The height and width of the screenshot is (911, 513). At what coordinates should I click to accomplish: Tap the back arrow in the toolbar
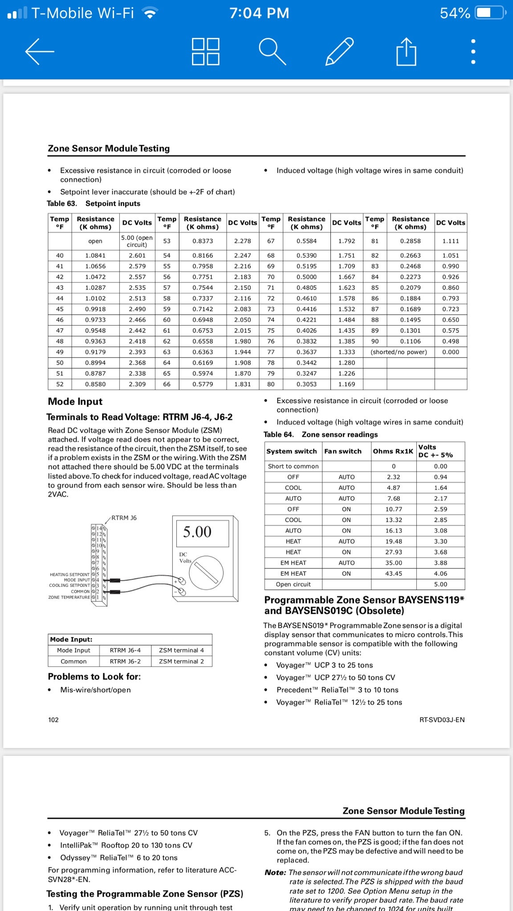tap(40, 52)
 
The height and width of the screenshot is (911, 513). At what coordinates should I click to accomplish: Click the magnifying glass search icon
tap(272, 52)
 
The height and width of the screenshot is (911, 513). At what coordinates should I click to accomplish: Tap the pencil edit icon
tap(339, 52)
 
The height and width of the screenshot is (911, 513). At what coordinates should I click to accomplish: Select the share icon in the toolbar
tap(406, 52)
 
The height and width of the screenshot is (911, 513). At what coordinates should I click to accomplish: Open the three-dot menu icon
tap(473, 52)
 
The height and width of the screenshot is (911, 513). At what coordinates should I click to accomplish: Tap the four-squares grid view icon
tap(205, 52)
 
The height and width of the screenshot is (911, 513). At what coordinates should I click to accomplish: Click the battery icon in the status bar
tap(490, 13)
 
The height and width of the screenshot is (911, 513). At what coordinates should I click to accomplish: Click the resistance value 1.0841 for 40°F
tap(95, 256)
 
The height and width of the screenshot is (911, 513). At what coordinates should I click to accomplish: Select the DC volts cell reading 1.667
tap(346, 277)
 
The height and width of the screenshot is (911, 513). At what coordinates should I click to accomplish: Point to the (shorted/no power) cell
tap(399, 352)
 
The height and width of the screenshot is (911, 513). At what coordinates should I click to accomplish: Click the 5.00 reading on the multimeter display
tap(197, 532)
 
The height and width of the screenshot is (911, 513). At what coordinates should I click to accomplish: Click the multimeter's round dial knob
tap(206, 572)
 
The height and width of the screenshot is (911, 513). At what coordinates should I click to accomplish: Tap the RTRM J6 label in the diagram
tap(124, 518)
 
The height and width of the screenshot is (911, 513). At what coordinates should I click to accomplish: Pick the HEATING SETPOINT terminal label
tap(69, 575)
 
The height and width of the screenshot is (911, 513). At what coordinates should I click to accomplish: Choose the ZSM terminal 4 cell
tap(181, 650)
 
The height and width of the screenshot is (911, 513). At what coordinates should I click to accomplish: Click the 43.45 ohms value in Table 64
tap(394, 574)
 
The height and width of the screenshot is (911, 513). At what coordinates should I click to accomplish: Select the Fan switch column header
tap(343, 451)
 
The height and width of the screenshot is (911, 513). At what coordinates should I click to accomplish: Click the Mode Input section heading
tap(75, 402)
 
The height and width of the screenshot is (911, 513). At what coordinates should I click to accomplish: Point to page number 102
tap(53, 720)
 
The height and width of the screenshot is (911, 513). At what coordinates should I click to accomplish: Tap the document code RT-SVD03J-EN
tap(442, 720)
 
